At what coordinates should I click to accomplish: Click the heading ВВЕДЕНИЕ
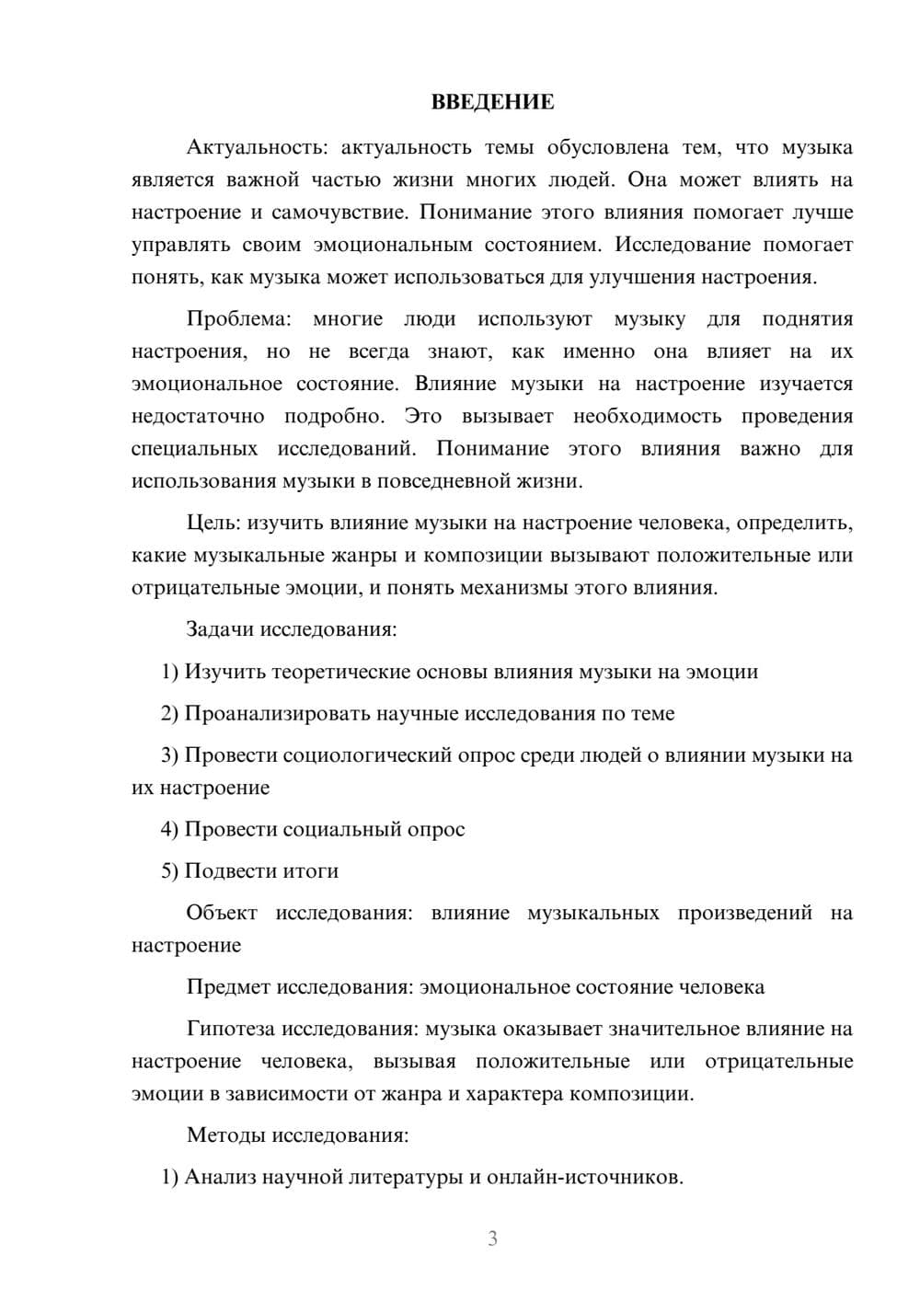point(492,102)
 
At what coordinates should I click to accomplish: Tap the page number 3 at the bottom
point(492,1238)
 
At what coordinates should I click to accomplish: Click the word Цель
point(213,523)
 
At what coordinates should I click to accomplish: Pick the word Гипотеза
point(230,1029)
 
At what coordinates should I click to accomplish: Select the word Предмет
point(228,987)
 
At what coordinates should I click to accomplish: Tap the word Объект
point(222,913)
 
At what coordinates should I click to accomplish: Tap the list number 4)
point(169,829)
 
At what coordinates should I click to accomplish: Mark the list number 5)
point(169,870)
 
